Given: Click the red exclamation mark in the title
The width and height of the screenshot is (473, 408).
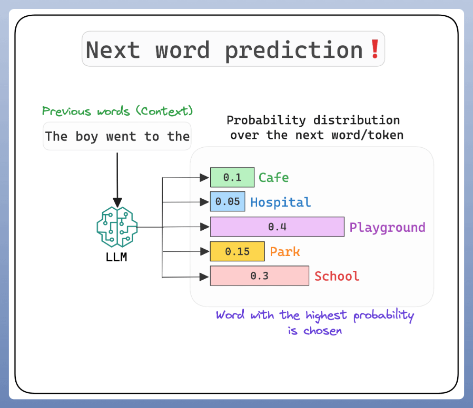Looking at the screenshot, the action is coord(375,49).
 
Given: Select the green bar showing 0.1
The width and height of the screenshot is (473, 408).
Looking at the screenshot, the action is coord(232,177).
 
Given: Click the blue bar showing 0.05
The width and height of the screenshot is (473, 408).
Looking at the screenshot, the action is coord(228,201).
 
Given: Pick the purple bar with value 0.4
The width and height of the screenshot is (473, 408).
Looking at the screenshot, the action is coord(277,227).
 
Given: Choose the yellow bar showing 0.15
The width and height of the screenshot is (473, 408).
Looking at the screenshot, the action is coord(238,251).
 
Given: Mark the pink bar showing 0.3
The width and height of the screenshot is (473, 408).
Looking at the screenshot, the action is coord(260,276).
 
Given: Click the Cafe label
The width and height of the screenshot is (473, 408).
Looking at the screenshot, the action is coord(273,178).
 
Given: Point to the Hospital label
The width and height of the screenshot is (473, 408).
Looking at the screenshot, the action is coord(281,202).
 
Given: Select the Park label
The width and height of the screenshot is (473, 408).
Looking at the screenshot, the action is coord(285,252).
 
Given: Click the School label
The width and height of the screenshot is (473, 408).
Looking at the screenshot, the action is coord(337,276).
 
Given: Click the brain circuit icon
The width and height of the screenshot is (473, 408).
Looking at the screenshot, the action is coord(117,227).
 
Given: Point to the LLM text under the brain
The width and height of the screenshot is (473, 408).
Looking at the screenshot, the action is coord(116,257).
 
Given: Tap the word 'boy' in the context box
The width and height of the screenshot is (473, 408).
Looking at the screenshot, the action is coord(86,137).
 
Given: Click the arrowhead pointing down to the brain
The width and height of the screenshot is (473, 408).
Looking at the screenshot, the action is coord(117,202).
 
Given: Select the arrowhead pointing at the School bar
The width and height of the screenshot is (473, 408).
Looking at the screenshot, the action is coord(204,277).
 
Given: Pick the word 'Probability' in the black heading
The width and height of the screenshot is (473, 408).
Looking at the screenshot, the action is coord(267,121).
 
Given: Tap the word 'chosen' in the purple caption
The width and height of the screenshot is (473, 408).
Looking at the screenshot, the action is coord(322,331).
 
